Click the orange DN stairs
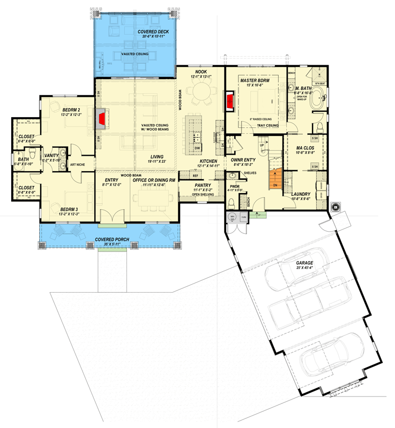[274, 178]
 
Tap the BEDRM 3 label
[69, 209]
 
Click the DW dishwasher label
[197, 148]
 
